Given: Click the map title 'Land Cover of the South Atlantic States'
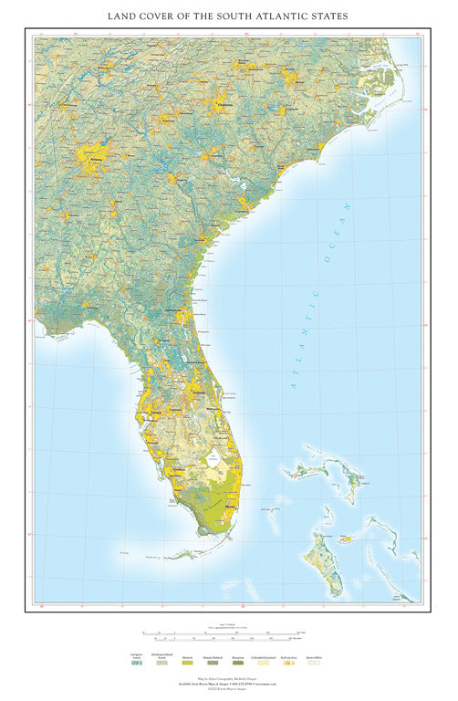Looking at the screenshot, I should pyautogui.click(x=228, y=16).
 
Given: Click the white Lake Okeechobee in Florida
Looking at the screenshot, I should pyautogui.click(x=213, y=463).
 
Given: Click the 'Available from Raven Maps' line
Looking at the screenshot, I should pyautogui.click(x=228, y=685).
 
